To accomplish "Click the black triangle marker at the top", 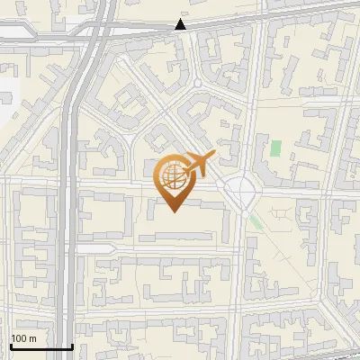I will [181, 24].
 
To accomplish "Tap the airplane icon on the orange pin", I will [199, 166].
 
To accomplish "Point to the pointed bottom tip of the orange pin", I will [174, 211].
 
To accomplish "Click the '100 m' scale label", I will [23, 337].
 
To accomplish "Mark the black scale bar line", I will [41, 346].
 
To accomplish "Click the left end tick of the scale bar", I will [11, 345].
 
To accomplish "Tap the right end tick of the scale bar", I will [72, 345].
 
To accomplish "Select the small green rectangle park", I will [276, 147].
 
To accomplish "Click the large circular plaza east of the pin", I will [241, 191].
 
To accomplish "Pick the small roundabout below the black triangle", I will [196, 84].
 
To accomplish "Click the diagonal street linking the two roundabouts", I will [218, 135].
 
